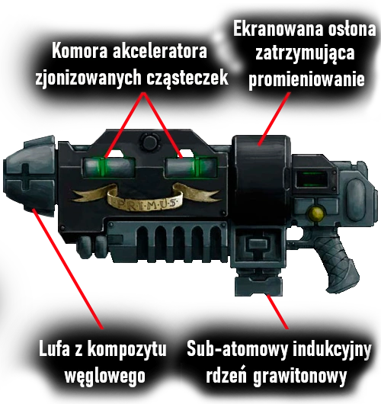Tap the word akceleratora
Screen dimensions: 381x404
tap(160, 52)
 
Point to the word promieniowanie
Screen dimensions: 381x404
tap(306, 79)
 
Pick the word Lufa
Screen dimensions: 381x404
tap(54, 349)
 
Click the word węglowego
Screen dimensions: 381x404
tap(105, 376)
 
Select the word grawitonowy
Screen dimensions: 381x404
tap(299, 377)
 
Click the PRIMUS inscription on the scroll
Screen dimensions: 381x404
tap(145, 204)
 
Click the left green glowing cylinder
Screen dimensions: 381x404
tap(109, 167)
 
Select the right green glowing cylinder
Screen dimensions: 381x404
tap(191, 167)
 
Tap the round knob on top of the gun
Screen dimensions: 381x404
tap(149, 143)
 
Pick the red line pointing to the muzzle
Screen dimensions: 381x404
tap(68, 268)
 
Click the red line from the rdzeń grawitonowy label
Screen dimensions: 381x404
tap(277, 312)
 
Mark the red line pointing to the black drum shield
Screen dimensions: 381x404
tap(274, 118)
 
